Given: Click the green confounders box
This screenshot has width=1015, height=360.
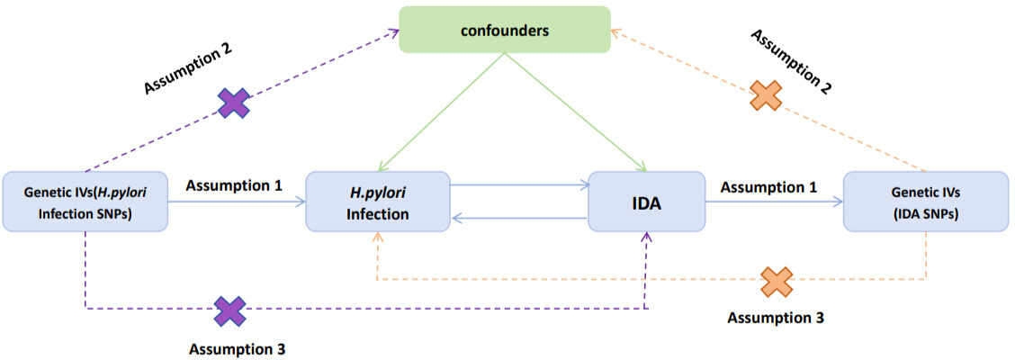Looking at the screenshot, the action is (x=504, y=30).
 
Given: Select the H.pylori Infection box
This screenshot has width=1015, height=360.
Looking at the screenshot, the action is (x=378, y=202).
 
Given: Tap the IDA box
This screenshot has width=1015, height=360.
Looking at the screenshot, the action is (x=646, y=202).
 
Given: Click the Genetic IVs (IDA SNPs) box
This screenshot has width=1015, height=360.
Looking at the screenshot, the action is (x=926, y=202).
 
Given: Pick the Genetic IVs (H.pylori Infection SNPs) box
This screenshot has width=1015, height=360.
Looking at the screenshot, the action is (x=85, y=202).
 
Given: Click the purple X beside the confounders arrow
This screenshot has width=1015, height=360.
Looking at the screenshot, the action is (x=233, y=103).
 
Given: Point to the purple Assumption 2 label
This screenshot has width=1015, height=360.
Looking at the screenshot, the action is (x=187, y=68).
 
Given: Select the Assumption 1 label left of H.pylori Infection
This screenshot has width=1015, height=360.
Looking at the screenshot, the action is (x=234, y=185).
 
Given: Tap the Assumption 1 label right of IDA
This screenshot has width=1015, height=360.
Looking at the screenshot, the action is (x=769, y=187).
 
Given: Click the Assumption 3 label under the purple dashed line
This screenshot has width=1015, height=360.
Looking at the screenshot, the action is (x=237, y=349).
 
